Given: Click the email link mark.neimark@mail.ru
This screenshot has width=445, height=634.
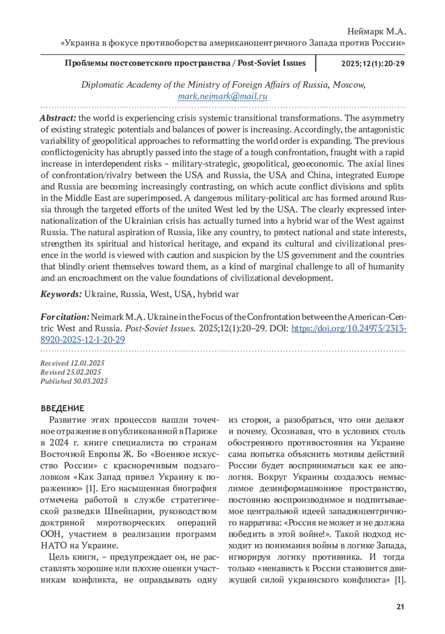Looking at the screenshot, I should (x=222, y=96).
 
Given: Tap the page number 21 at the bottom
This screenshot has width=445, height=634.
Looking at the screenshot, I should (x=400, y=607).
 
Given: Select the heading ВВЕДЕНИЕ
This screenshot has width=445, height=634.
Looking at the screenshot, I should (x=63, y=408).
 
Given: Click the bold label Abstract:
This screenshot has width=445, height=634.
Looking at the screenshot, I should (x=58, y=118).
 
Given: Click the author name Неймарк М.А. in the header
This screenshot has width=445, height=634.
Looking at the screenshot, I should (x=376, y=32).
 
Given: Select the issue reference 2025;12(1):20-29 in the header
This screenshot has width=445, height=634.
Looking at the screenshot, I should (x=373, y=63).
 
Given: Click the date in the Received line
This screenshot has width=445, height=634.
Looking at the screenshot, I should (x=88, y=363).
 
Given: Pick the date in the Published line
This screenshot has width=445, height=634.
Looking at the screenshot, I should (x=90, y=381).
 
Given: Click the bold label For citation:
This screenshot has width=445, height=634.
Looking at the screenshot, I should (x=65, y=317).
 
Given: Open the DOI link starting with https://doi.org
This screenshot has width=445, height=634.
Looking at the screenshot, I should (x=349, y=328).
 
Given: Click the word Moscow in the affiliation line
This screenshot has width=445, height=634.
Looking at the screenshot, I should (x=349, y=85).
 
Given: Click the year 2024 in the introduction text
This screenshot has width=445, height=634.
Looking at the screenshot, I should (x=59, y=443).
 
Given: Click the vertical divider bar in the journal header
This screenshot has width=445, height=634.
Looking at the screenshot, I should (x=316, y=63).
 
